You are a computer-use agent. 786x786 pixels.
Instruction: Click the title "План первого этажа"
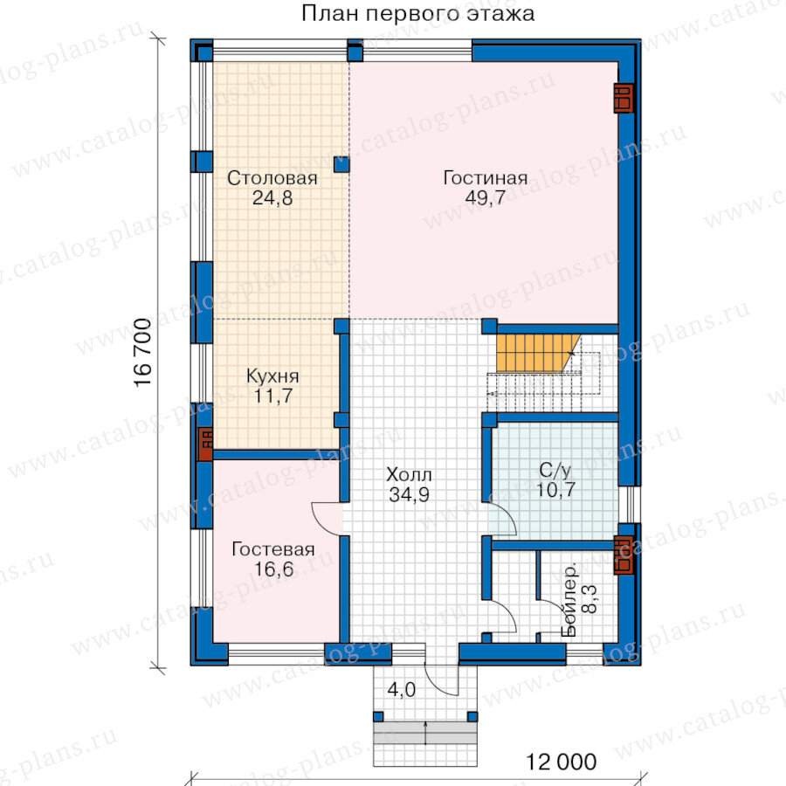coord(417,13)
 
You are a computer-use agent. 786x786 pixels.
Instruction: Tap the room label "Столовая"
coord(272,178)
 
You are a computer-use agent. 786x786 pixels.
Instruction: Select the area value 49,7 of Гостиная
coord(486,198)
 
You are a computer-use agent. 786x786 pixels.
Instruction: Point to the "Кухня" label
coord(272,376)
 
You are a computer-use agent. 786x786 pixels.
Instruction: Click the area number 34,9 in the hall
coord(410,495)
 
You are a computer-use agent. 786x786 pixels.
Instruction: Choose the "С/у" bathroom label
coord(555,470)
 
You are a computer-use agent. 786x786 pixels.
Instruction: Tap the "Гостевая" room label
coord(273,549)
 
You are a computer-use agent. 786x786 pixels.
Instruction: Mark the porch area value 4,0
coord(402,690)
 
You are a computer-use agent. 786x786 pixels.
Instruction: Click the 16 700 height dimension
coord(143,352)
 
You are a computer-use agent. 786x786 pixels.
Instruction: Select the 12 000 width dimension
coord(561,762)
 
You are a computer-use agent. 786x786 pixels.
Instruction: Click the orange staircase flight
coord(537,354)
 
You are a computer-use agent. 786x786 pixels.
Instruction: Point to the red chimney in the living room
coord(623,98)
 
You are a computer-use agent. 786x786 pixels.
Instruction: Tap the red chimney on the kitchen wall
coord(206,444)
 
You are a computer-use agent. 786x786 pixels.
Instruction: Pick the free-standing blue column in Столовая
coord(341,164)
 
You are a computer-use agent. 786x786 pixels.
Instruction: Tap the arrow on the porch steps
coord(425,734)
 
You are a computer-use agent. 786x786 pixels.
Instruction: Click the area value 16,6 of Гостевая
coord(273,569)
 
